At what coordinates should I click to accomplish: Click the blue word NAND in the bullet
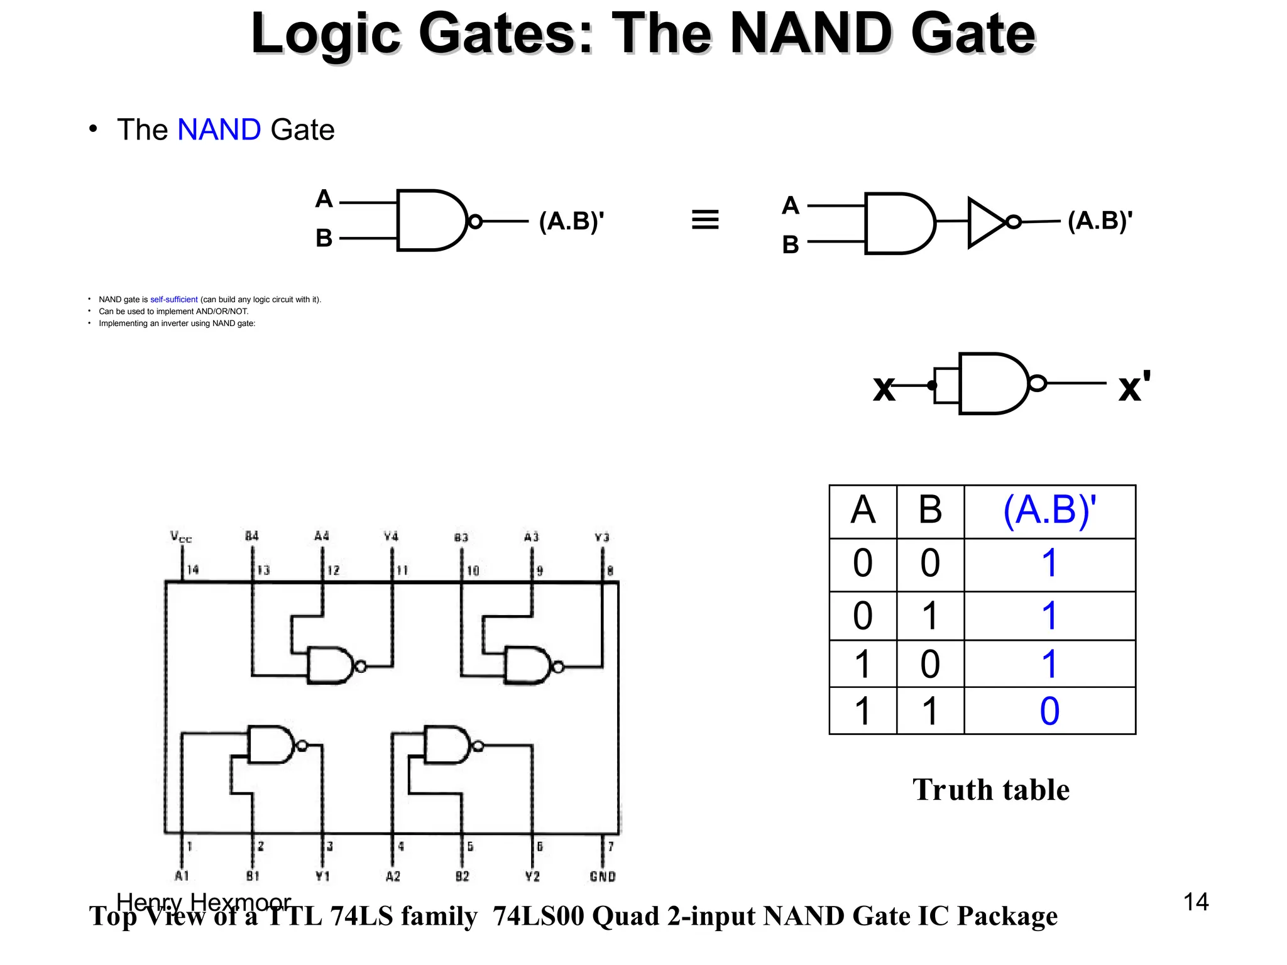click(x=219, y=130)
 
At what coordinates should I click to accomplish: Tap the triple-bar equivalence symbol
click(x=704, y=220)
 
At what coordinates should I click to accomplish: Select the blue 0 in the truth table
click(x=1049, y=711)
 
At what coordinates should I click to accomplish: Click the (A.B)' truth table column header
click(x=1049, y=510)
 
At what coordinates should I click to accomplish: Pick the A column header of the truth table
click(x=862, y=510)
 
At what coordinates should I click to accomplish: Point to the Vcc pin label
click(x=180, y=537)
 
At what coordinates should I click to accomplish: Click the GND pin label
click(x=602, y=876)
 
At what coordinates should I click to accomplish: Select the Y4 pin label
click(x=391, y=537)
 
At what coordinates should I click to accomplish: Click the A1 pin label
click(x=182, y=876)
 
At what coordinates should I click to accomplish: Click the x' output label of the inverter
click(x=1134, y=386)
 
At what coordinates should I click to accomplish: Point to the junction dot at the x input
click(x=932, y=385)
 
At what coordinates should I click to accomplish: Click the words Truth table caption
click(x=990, y=790)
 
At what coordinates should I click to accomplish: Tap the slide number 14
click(x=1195, y=902)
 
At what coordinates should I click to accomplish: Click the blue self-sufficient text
click(x=173, y=300)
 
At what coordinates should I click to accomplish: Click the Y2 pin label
click(x=532, y=876)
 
